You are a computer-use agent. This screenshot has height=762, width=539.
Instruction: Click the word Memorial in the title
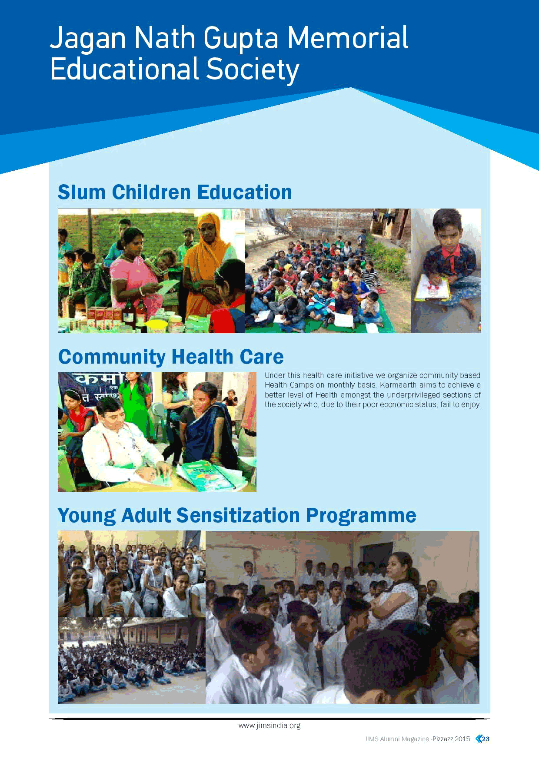[347, 38]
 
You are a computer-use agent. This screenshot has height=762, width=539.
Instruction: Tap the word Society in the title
[253, 70]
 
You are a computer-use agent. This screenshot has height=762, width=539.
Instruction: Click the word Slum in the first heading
[82, 192]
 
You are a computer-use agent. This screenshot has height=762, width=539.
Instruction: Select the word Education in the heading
[244, 192]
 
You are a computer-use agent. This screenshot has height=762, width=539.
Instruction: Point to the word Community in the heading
[112, 357]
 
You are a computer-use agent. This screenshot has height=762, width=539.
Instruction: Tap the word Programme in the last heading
[361, 516]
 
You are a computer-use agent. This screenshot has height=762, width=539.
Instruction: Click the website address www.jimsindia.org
[269, 726]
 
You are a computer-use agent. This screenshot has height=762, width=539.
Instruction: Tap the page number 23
[486, 739]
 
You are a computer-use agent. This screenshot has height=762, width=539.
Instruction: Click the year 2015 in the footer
[462, 739]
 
